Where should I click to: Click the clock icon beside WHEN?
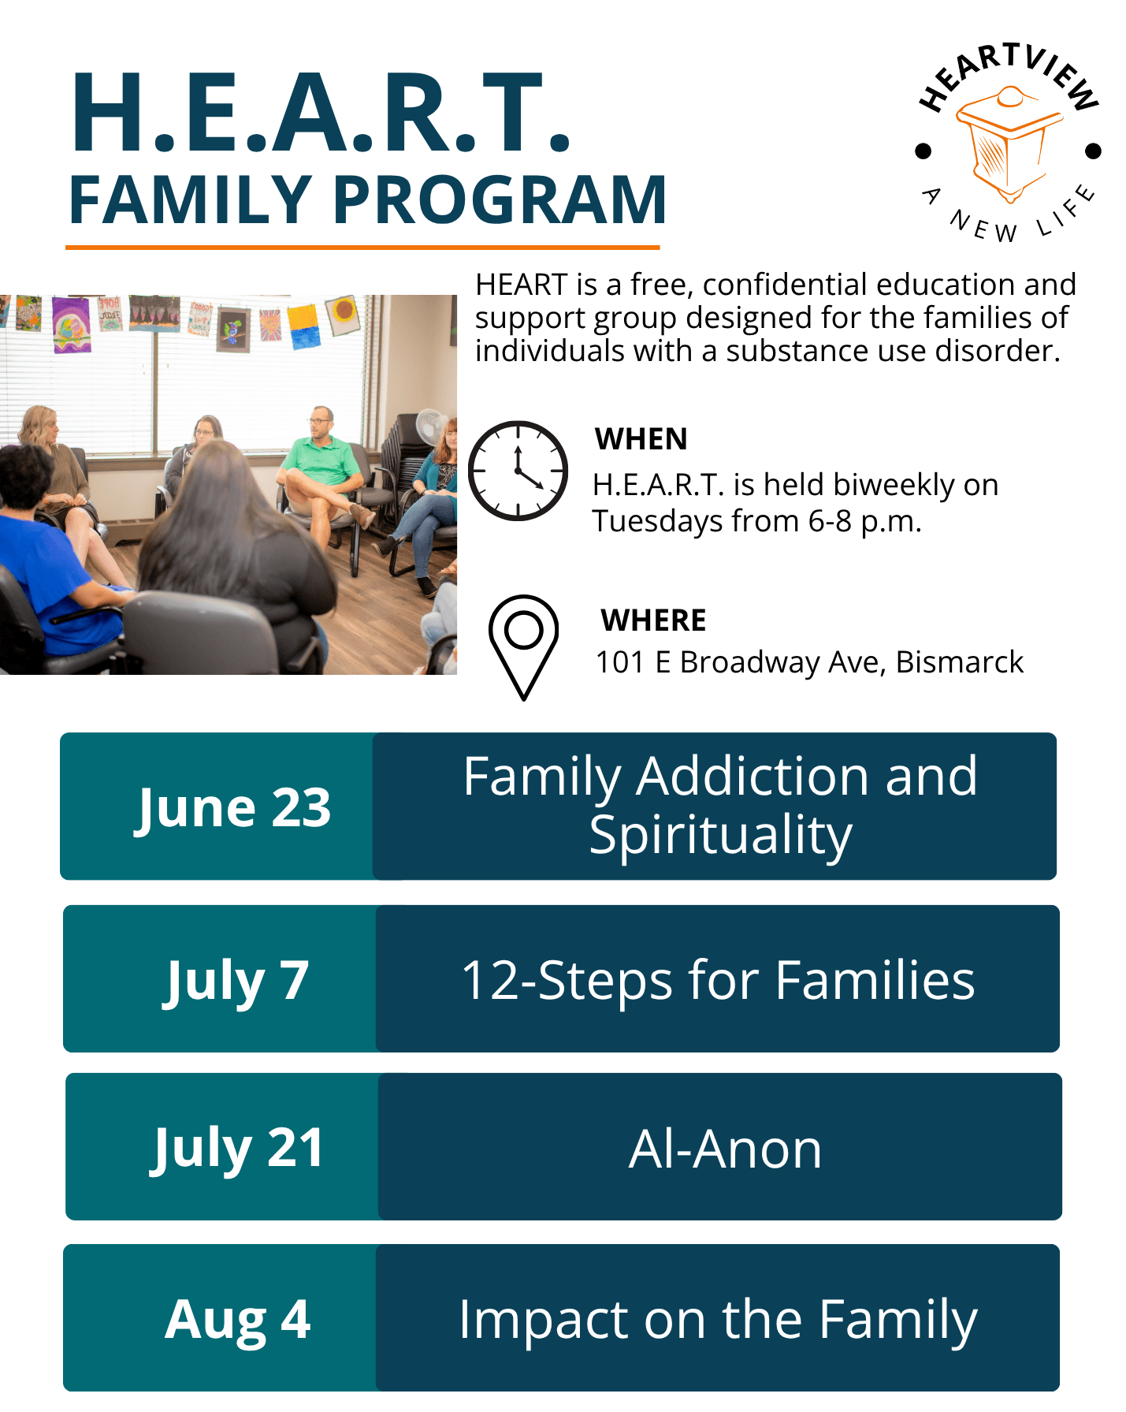pyautogui.click(x=518, y=471)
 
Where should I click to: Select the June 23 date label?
pyautogui.click(x=233, y=808)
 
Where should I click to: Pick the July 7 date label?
pyautogui.click(x=236, y=981)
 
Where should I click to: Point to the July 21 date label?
pyautogui.click(x=236, y=1148)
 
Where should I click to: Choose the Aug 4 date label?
pyautogui.click(x=237, y=1319)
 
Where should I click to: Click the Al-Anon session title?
pyautogui.click(x=725, y=1149)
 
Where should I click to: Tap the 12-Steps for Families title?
pyautogui.click(x=718, y=981)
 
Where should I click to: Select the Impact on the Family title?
pyautogui.click(x=718, y=1320)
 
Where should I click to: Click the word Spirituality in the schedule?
pyautogui.click(x=720, y=836)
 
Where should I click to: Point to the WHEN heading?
pyautogui.click(x=641, y=439)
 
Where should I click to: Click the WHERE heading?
pyautogui.click(x=653, y=620)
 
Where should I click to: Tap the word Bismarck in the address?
pyautogui.click(x=960, y=662)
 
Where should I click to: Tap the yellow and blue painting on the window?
pyautogui.click(x=305, y=327)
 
